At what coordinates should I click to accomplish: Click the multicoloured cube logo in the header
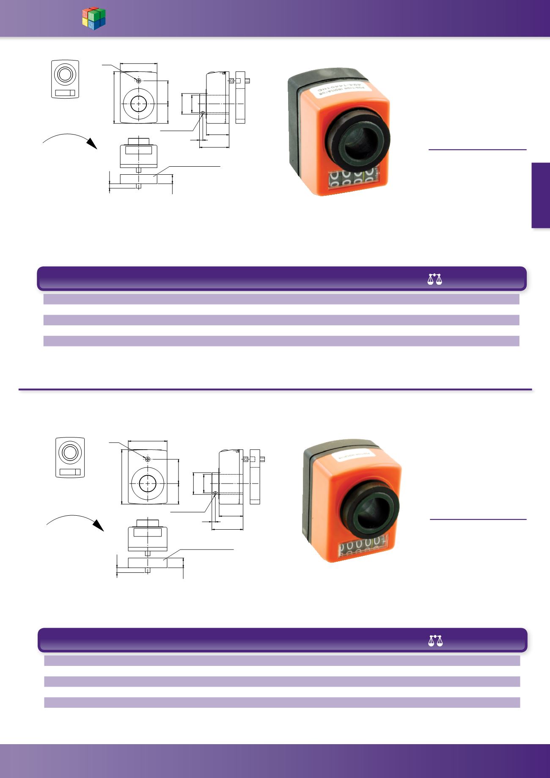(93, 19)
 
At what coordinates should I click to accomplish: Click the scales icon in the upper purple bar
(435, 279)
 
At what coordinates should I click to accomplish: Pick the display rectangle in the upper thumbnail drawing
(65, 93)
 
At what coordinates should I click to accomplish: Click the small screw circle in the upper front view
(138, 80)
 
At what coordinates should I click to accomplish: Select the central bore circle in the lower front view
(147, 484)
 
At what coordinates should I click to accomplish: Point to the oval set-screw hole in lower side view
(215, 492)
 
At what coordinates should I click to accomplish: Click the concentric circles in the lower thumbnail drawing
(70, 453)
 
